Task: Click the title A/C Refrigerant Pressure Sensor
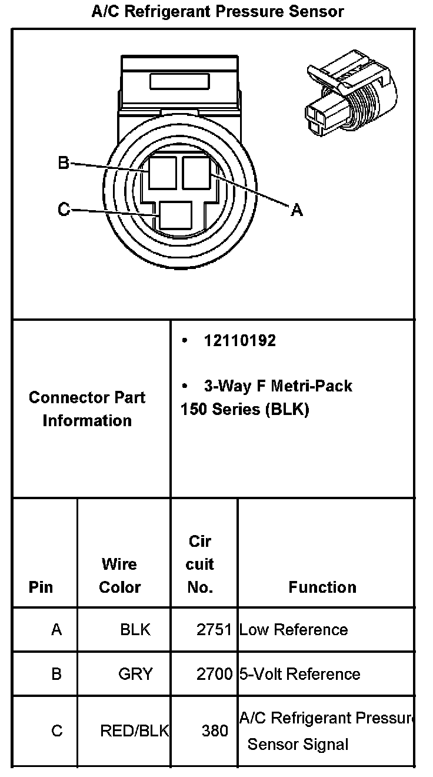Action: click(218, 11)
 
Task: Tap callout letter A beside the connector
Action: click(297, 209)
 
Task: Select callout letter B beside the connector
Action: click(64, 162)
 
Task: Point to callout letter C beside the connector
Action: click(64, 209)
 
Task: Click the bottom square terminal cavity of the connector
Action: click(176, 215)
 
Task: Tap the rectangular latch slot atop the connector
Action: click(180, 81)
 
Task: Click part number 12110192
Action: click(239, 341)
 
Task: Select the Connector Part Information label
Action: click(87, 409)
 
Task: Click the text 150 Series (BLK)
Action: click(245, 410)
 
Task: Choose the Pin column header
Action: click(41, 587)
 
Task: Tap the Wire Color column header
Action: click(119, 575)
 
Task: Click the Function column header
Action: click(322, 587)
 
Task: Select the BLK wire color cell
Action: click(135, 630)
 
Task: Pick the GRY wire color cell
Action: click(135, 674)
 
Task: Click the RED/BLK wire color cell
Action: click(135, 730)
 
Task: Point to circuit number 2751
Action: click(215, 630)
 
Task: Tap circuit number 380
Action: click(215, 730)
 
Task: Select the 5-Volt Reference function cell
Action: click(299, 674)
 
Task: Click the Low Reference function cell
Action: click(294, 630)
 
